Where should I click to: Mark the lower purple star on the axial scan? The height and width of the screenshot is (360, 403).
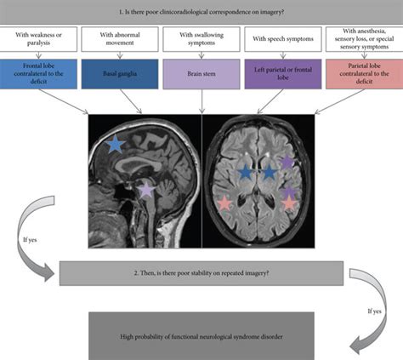pyautogui.click(x=289, y=192)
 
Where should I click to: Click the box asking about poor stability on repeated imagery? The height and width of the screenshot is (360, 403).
pyautogui.click(x=201, y=273)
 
